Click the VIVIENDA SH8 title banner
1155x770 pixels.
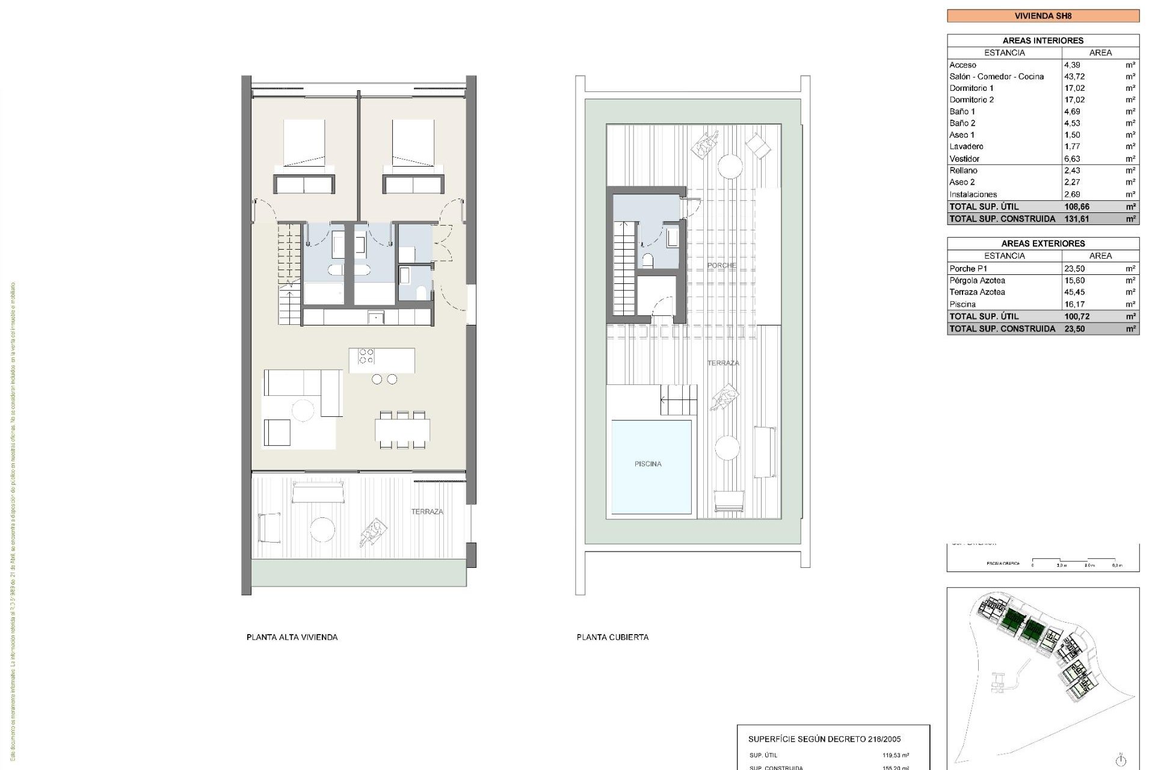[1043, 16]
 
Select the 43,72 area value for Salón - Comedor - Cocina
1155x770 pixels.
[1074, 76]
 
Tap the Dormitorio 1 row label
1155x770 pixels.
[972, 88]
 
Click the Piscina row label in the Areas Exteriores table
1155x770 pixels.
[962, 304]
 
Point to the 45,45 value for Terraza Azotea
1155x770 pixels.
[1074, 292]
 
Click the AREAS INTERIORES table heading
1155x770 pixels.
[1043, 41]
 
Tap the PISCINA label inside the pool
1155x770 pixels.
[648, 464]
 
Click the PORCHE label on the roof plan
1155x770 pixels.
[721, 265]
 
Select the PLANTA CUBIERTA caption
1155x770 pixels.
[612, 637]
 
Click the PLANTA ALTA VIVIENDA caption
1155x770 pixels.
[292, 637]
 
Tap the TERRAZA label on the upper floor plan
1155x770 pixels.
[427, 512]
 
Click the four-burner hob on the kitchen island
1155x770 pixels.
[366, 356]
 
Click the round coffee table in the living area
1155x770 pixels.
[303, 410]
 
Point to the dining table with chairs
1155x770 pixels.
[402, 430]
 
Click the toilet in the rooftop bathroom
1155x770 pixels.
[648, 260]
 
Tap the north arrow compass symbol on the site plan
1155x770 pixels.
[1120, 760]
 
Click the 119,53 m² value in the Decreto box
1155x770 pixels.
[895, 755]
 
